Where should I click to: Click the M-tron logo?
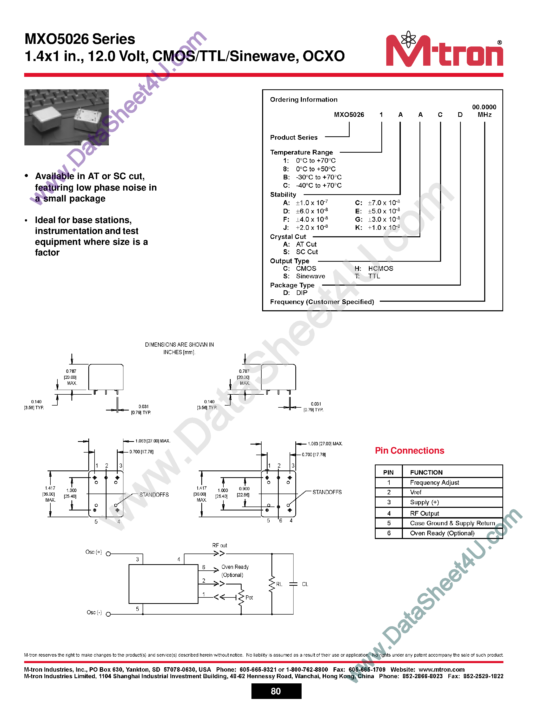tap(444, 51)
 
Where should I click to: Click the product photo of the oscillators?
tap(66, 117)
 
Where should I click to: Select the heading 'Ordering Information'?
tap(303, 99)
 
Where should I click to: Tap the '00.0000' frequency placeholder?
tap(484, 107)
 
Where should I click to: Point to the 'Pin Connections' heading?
tap(409, 450)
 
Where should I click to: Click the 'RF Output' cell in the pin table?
tap(424, 513)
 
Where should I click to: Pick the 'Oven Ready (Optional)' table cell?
tap(442, 533)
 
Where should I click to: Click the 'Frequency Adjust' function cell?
tap(434, 483)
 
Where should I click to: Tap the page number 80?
tap(276, 691)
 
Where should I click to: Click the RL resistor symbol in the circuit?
tap(272, 584)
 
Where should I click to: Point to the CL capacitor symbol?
tap(293, 584)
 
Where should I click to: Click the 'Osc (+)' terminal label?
tap(94, 552)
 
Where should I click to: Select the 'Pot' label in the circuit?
tap(249, 598)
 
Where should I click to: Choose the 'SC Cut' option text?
tap(307, 252)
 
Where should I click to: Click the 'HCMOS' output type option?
tap(381, 268)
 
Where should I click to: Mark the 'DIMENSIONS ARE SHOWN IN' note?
tap(179, 345)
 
